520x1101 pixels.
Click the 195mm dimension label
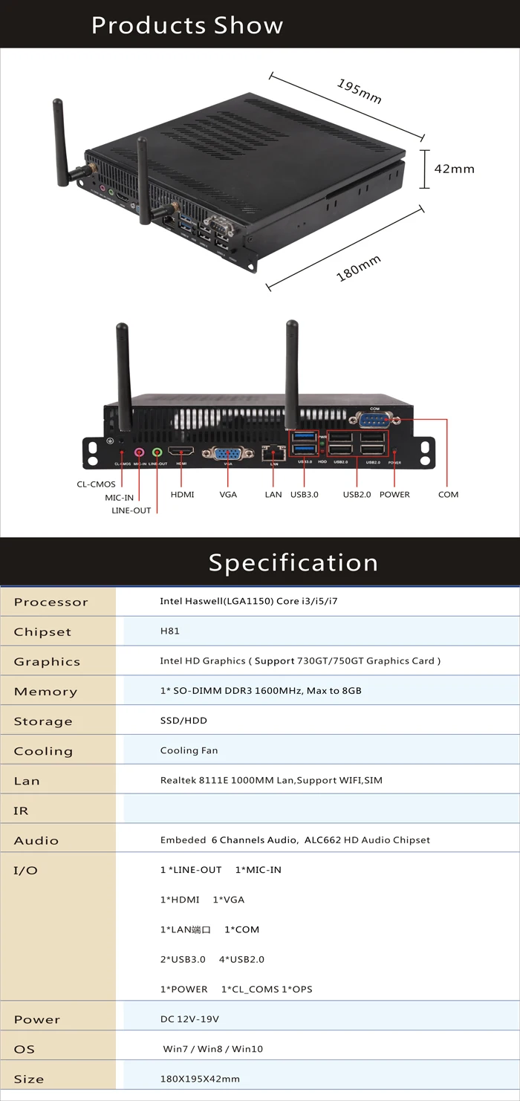pyautogui.click(x=360, y=91)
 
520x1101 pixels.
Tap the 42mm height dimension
pyautogui.click(x=454, y=169)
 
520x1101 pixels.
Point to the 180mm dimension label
pyautogui.click(x=359, y=268)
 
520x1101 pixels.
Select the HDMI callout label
pyautogui.click(x=182, y=495)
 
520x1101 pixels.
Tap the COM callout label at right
pyautogui.click(x=448, y=495)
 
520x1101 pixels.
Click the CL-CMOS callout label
pyautogui.click(x=96, y=484)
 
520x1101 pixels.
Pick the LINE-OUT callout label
pyautogui.click(x=131, y=510)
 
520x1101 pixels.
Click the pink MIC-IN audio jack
pyautogui.click(x=139, y=452)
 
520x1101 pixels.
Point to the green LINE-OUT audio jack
pyautogui.click(x=157, y=452)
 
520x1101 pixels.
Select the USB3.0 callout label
pyautogui.click(x=305, y=495)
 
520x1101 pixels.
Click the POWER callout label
pyautogui.click(x=394, y=495)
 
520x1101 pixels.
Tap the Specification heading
pyautogui.click(x=293, y=562)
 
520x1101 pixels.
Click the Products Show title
pyautogui.click(x=187, y=25)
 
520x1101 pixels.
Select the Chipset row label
pyautogui.click(x=42, y=632)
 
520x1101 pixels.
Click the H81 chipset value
pyautogui.click(x=170, y=631)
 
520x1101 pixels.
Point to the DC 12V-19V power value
pyautogui.click(x=189, y=1019)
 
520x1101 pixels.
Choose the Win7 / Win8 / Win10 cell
pyautogui.click(x=212, y=1049)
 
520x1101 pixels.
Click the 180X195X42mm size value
pyautogui.click(x=200, y=1079)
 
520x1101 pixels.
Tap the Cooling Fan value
pyautogui.click(x=189, y=750)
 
